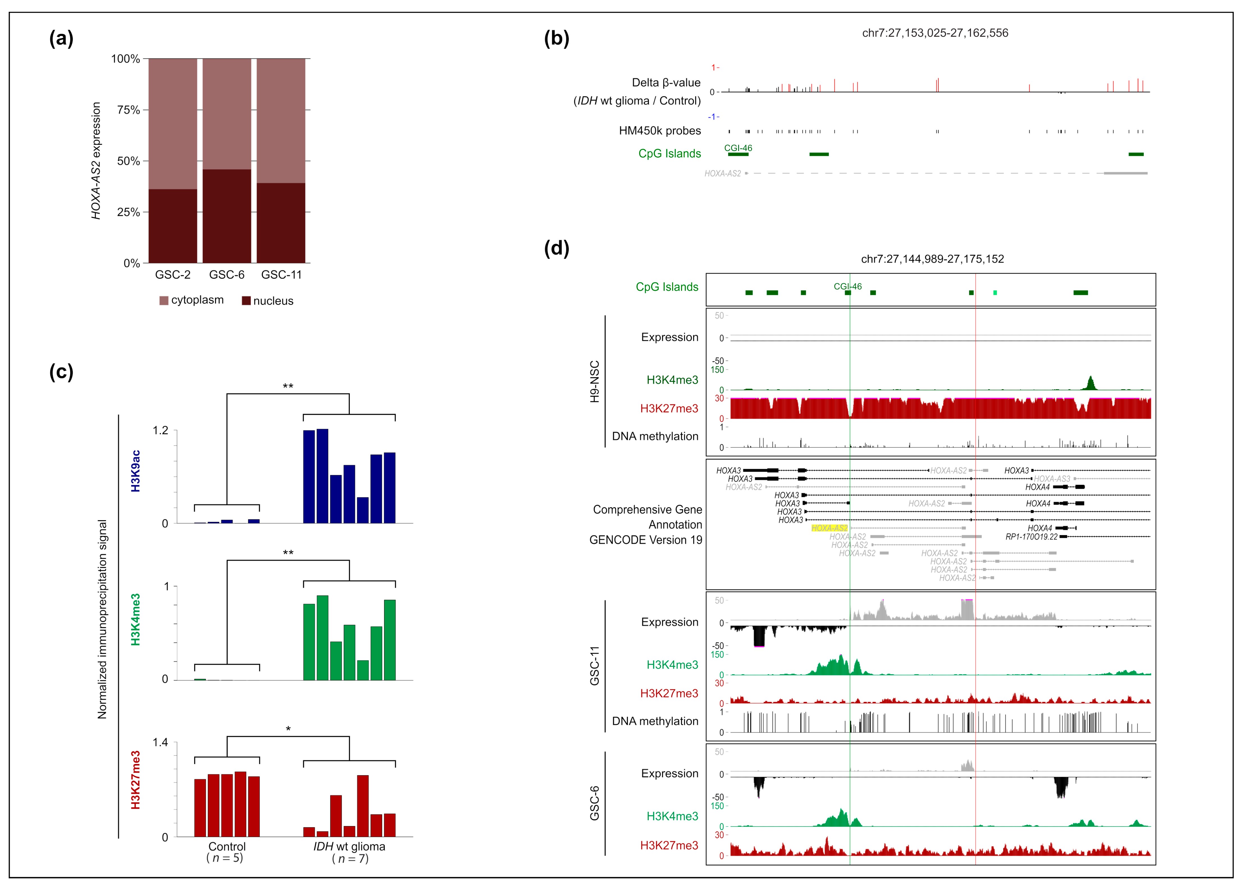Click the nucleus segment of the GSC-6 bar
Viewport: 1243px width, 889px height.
(x=227, y=216)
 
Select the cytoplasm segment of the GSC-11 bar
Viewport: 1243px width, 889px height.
(x=281, y=120)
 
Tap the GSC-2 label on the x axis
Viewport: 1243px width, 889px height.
(x=173, y=275)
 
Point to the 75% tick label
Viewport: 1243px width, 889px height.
(x=129, y=110)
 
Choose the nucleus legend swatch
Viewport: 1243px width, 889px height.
(x=246, y=301)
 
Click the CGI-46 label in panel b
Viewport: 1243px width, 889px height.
(x=738, y=148)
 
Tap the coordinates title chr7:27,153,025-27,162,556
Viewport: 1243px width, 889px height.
(x=935, y=33)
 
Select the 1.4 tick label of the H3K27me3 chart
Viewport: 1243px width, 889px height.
(x=160, y=743)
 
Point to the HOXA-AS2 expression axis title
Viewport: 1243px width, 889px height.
(x=96, y=160)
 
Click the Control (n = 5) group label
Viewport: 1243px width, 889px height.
(x=227, y=852)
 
